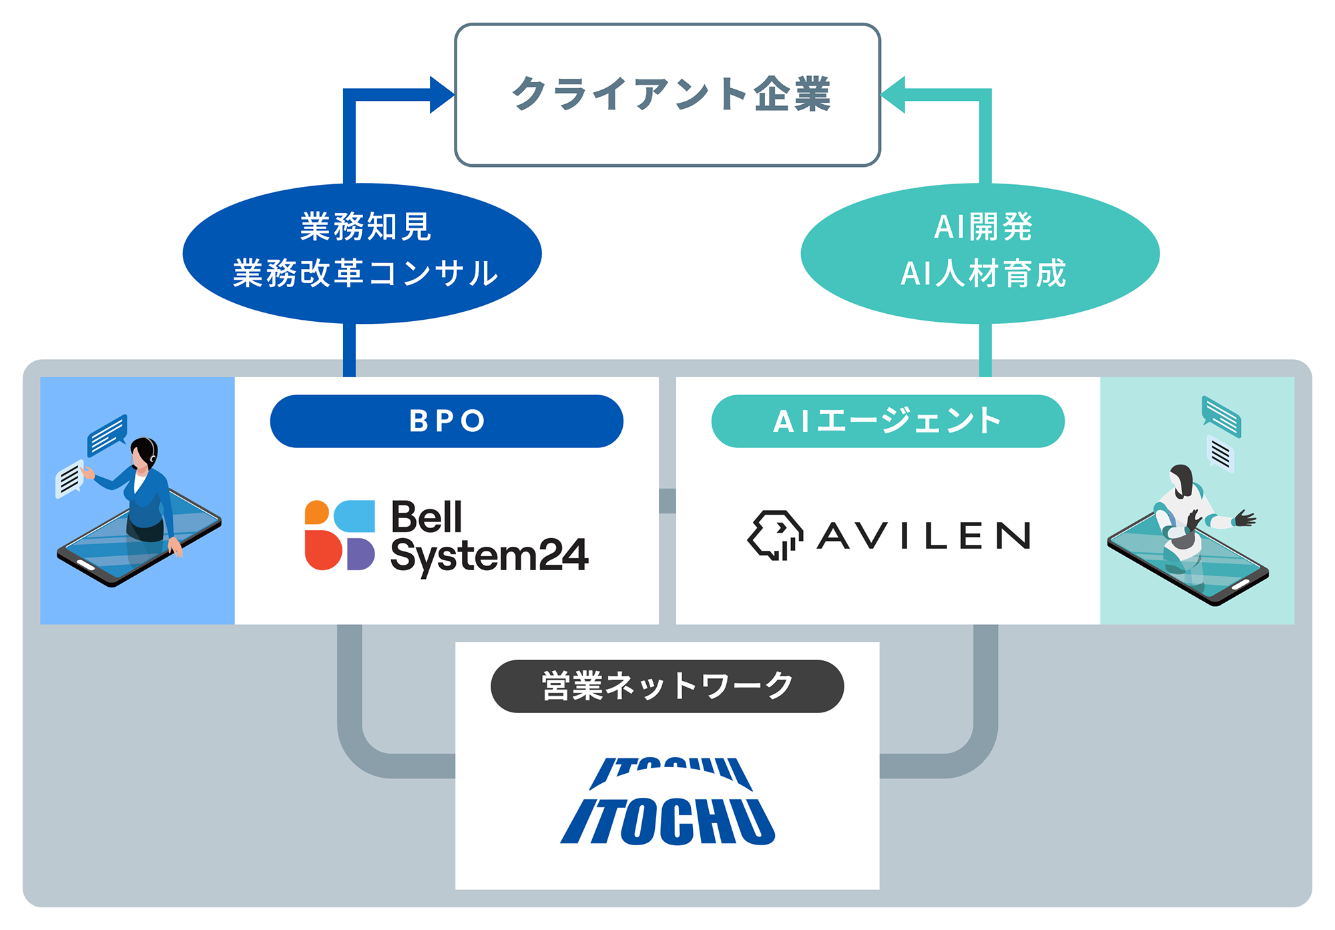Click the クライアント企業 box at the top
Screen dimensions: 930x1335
(667, 95)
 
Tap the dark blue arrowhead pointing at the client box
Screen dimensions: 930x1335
(441, 95)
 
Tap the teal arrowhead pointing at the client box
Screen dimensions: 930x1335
(894, 95)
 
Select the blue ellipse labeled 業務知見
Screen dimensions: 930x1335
(362, 253)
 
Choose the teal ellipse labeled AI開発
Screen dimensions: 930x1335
(980, 253)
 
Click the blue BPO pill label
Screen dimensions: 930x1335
(447, 421)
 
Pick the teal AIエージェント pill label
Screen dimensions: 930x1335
(888, 421)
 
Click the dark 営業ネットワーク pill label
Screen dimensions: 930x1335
(667, 686)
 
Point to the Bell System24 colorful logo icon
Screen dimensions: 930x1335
(339, 535)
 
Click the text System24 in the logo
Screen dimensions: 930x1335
(489, 555)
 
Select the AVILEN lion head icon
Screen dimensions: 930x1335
(775, 535)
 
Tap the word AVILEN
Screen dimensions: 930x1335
(924, 535)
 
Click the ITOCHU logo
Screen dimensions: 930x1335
(667, 801)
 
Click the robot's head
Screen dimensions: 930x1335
(1181, 479)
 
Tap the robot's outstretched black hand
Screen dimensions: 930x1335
(1244, 518)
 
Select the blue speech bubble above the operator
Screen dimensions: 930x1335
(107, 434)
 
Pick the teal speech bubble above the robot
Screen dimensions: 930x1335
(1221, 416)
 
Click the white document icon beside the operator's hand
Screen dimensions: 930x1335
(69, 479)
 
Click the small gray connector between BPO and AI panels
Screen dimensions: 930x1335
(667, 501)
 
